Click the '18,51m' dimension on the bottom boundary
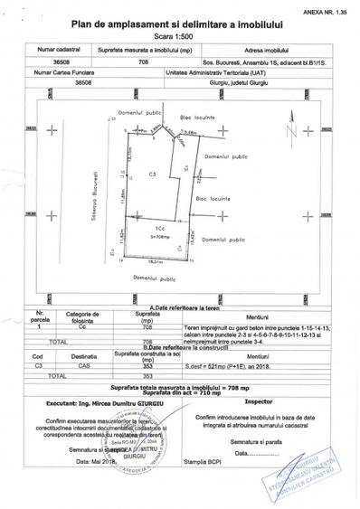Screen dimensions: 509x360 tap(155, 262)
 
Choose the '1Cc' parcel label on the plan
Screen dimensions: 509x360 tap(158, 231)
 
